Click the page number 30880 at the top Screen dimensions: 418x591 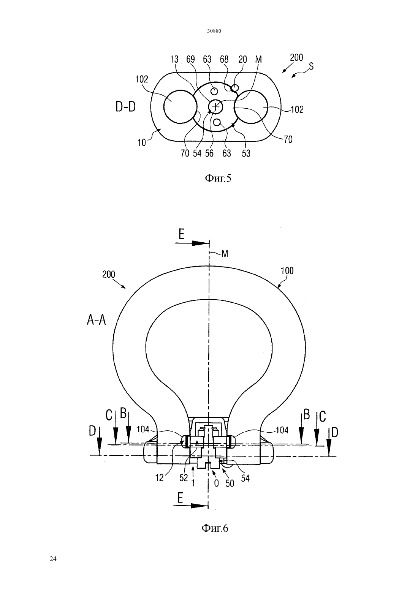(x=214, y=31)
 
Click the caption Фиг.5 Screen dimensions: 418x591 (x=218, y=179)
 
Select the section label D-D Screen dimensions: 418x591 (x=126, y=107)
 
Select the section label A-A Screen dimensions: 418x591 (x=96, y=321)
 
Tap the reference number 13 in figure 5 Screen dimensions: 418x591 (x=174, y=59)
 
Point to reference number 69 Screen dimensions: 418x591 (x=190, y=59)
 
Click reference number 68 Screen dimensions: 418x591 (x=224, y=59)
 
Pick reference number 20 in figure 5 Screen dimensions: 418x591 (x=242, y=59)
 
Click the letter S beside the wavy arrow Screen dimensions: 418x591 (x=311, y=66)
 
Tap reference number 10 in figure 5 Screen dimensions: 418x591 (x=142, y=143)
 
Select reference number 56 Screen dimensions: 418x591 (x=209, y=153)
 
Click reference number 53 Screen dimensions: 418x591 (x=246, y=153)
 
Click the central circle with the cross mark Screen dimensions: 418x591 (x=216, y=107)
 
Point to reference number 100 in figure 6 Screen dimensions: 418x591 (x=287, y=271)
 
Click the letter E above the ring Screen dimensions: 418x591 (x=181, y=234)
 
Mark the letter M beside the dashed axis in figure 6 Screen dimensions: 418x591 (x=225, y=254)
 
